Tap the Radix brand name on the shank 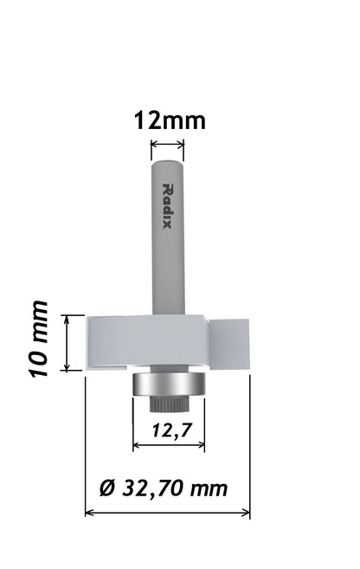(169, 204)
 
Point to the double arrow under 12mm (169, 144)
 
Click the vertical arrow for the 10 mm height (67, 342)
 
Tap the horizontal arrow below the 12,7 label (169, 447)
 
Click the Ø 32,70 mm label (164, 488)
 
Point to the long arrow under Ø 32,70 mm (167, 513)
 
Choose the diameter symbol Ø (107, 488)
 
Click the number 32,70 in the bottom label (152, 488)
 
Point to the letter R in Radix (169, 189)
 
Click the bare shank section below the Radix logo (169, 277)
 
